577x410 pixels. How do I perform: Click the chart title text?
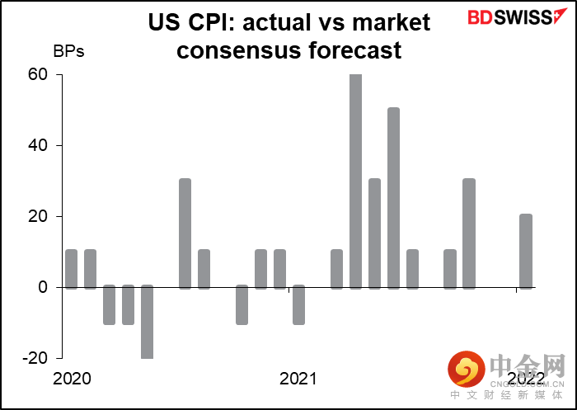click(289, 35)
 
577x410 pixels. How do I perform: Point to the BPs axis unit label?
click(68, 50)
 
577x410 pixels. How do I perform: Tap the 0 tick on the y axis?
click(45, 288)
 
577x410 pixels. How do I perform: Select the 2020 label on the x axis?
click(73, 379)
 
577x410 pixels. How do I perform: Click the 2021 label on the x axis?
click(298, 379)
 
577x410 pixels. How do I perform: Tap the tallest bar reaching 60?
click(355, 181)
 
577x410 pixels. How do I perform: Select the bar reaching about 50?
click(393, 198)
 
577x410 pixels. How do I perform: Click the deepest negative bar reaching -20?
click(147, 323)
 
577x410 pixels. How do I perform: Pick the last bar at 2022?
click(526, 252)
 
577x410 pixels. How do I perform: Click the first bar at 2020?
click(71, 269)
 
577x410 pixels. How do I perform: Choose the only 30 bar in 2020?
click(185, 233)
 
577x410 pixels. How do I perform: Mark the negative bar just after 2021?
click(298, 305)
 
